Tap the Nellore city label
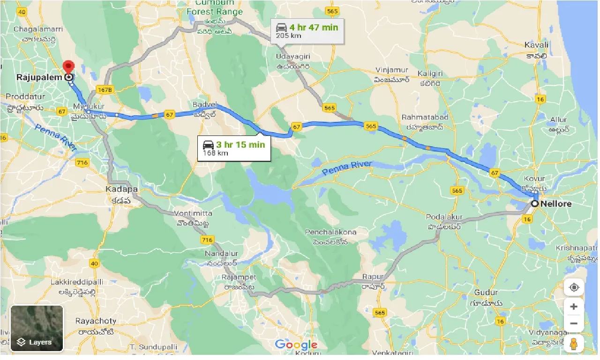[x=556, y=204]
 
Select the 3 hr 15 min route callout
[x=234, y=148]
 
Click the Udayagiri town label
[x=292, y=56]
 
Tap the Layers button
[x=37, y=328]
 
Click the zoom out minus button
[x=573, y=323]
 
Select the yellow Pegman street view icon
[x=573, y=344]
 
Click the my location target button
[x=573, y=287]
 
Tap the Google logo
[x=296, y=345]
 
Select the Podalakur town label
[x=444, y=217]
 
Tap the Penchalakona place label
[x=330, y=232]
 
